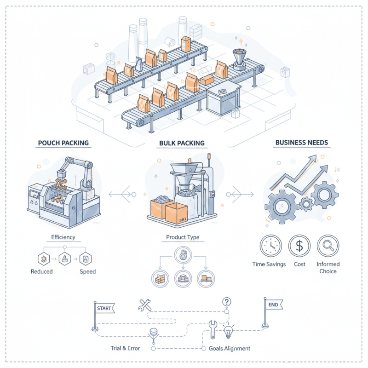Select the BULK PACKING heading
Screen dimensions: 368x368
(182, 143)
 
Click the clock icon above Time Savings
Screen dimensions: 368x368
(271, 246)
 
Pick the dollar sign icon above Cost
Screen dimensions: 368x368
(299, 246)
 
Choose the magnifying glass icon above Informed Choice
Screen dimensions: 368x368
(328, 246)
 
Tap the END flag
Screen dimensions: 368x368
(272, 305)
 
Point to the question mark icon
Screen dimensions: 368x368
(226, 302)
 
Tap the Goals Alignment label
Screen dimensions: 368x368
(230, 348)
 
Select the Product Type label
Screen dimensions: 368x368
(183, 238)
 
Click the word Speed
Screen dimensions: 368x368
(87, 271)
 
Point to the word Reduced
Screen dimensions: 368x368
(42, 271)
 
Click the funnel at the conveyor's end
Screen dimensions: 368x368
(239, 57)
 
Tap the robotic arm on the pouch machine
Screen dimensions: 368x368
(76, 170)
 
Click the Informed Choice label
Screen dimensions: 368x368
(328, 268)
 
